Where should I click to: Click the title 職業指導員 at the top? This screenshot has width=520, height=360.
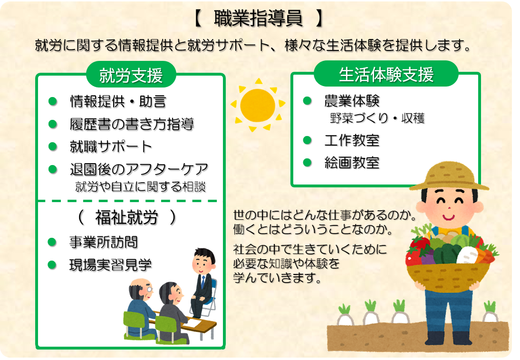(259, 18)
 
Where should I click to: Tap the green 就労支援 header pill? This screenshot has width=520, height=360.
(131, 75)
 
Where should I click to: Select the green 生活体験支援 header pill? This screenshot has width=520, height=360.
(386, 74)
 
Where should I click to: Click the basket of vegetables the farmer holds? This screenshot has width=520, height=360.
(448, 262)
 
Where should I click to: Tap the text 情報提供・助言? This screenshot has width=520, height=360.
(118, 101)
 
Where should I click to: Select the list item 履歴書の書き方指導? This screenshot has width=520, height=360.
(132, 124)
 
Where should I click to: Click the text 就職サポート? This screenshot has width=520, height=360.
(110, 146)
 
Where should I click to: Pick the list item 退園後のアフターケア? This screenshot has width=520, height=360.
(139, 169)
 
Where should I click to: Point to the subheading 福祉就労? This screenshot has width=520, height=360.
(126, 218)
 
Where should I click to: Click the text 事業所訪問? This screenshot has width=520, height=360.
(103, 242)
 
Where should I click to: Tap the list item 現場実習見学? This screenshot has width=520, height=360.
(110, 265)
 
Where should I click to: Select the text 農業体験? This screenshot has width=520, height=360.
(352, 101)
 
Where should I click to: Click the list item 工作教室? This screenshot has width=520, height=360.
(352, 140)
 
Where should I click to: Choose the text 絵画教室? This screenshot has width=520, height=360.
(352, 163)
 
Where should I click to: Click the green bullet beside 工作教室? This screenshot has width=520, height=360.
(308, 140)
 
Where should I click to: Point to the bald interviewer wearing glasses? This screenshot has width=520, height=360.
(141, 307)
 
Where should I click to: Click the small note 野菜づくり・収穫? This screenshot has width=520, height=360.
(377, 118)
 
